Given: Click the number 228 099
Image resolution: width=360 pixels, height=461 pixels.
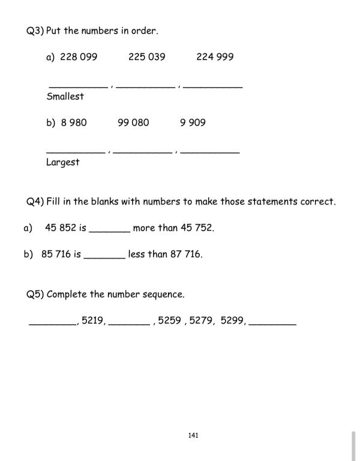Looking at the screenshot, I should click(79, 57).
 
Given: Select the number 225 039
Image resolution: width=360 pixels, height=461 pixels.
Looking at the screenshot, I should click(146, 57).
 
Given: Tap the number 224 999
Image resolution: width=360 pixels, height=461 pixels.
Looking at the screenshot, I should click(215, 57).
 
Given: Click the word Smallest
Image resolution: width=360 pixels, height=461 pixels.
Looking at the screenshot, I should click(65, 96).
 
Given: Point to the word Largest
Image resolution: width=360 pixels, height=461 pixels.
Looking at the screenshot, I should click(62, 162).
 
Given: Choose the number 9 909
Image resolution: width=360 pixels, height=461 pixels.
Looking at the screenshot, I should click(193, 122).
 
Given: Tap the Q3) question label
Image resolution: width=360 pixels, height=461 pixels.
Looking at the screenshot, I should click(35, 31).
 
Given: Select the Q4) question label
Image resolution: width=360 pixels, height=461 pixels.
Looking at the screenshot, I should click(35, 202).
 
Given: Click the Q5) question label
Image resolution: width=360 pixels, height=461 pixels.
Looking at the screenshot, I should click(35, 294).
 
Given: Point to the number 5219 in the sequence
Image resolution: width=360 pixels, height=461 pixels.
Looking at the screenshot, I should click(93, 321).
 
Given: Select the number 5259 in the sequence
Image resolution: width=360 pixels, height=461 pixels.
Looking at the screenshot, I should click(170, 321).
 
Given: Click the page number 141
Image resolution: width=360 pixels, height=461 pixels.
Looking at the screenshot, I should click(193, 435).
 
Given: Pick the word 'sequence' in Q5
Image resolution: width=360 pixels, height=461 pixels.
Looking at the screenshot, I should click(163, 295).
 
